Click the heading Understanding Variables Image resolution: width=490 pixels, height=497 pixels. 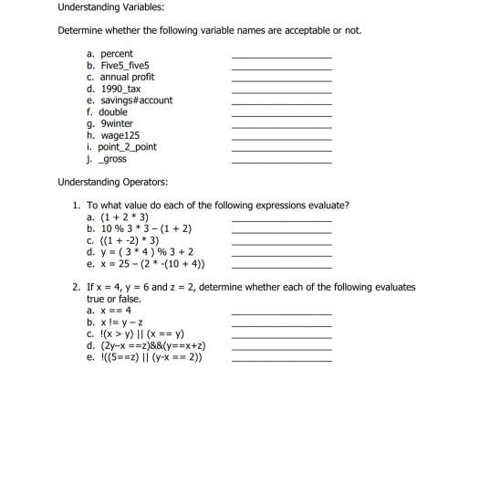tap(110, 7)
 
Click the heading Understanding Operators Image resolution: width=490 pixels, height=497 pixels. tap(112, 181)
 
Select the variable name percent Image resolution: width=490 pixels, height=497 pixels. tap(116, 54)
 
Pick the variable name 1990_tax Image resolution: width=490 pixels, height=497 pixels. tap(120, 89)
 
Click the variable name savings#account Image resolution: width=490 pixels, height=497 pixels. tap(136, 100)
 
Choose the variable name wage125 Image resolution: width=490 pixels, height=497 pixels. tap(120, 135)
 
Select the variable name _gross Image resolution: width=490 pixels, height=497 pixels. tap(113, 159)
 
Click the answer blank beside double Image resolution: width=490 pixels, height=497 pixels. tap(281, 114)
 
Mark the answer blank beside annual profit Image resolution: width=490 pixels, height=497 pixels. tap(281, 79)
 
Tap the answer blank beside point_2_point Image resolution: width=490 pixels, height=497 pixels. tap(281, 149)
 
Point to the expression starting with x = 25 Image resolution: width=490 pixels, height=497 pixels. tap(146, 264)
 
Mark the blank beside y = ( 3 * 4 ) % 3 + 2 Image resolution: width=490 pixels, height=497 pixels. tap(281, 254)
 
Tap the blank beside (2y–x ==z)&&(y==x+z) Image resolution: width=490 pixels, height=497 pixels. tap(281, 348)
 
